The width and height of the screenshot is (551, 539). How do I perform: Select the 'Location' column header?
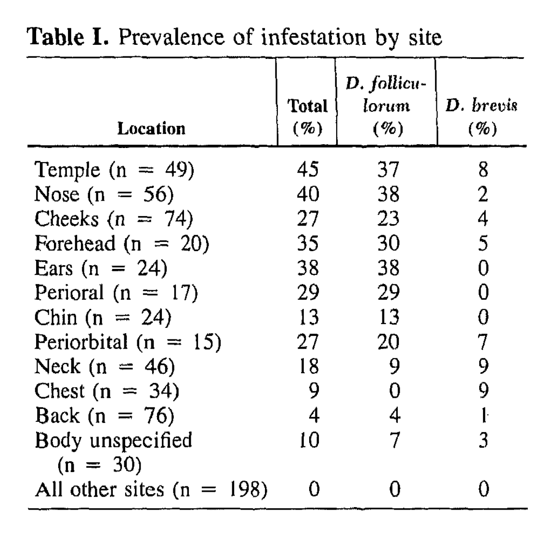(x=151, y=129)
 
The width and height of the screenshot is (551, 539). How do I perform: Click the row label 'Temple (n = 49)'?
(x=114, y=170)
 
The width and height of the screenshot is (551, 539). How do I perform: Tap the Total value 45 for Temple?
(x=307, y=170)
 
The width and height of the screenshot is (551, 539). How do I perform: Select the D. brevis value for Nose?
(x=483, y=194)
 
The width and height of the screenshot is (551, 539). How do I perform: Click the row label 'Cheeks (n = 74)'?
(x=114, y=219)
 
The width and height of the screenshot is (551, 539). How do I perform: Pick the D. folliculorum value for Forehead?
(x=388, y=243)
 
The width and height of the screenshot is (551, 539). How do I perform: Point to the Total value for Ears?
(x=307, y=268)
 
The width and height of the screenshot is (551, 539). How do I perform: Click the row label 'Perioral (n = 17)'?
(x=116, y=293)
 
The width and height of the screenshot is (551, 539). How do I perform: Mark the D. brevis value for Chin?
(x=483, y=317)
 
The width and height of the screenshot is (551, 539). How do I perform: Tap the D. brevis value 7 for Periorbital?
(x=483, y=342)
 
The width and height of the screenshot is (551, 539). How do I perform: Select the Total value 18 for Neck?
(x=307, y=366)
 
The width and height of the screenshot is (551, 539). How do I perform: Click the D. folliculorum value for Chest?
(x=394, y=391)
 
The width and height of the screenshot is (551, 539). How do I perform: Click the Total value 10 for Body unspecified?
(x=307, y=440)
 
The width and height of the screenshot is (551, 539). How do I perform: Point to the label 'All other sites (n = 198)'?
(x=151, y=490)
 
